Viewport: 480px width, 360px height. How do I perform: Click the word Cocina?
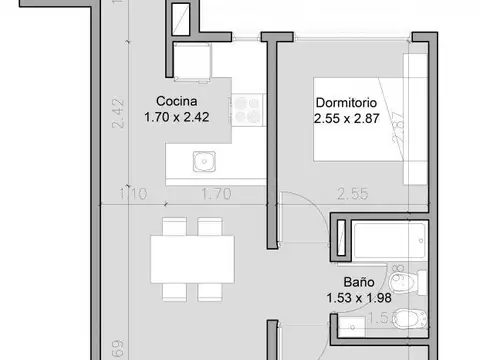click(x=175, y=101)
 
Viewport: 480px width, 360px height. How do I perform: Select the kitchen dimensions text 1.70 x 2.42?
click(x=177, y=116)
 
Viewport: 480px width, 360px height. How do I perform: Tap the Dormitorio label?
click(x=346, y=101)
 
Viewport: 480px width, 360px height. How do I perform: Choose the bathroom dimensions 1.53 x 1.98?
click(x=347, y=297)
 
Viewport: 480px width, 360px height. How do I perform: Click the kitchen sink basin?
click(x=205, y=159)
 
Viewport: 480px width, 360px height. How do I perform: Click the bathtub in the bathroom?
click(x=379, y=238)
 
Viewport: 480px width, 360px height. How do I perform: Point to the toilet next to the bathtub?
click(x=418, y=282)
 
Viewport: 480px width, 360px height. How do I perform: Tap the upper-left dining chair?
click(x=173, y=226)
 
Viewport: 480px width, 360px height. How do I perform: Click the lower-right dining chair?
click(x=210, y=291)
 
